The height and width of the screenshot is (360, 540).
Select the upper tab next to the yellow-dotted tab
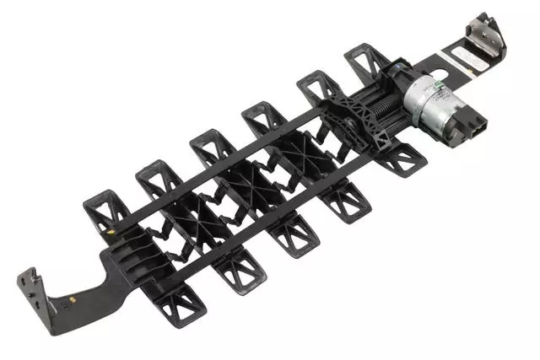pos(156,180)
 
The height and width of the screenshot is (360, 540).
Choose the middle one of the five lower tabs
pos(294,232)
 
